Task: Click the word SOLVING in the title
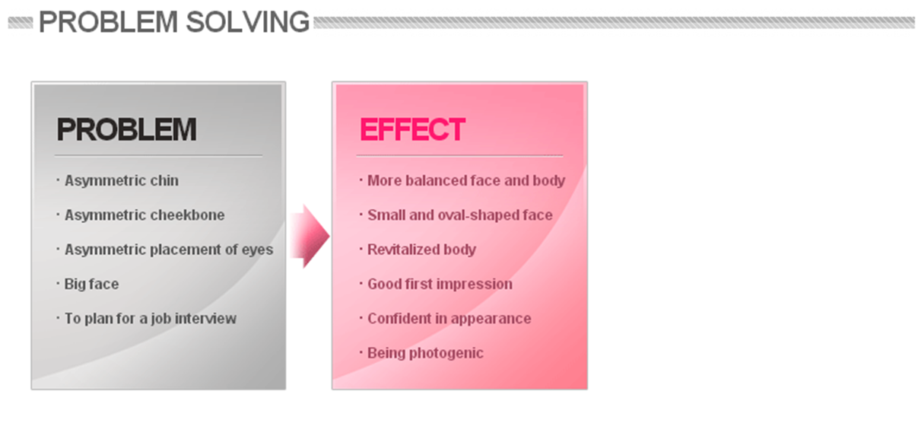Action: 247,22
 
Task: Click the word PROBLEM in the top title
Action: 108,22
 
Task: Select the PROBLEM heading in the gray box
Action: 127,129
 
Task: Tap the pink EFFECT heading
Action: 412,129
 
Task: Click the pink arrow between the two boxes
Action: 310,236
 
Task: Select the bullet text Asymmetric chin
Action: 121,180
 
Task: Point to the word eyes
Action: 257,250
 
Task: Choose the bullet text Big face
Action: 91,284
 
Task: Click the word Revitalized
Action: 403,250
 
